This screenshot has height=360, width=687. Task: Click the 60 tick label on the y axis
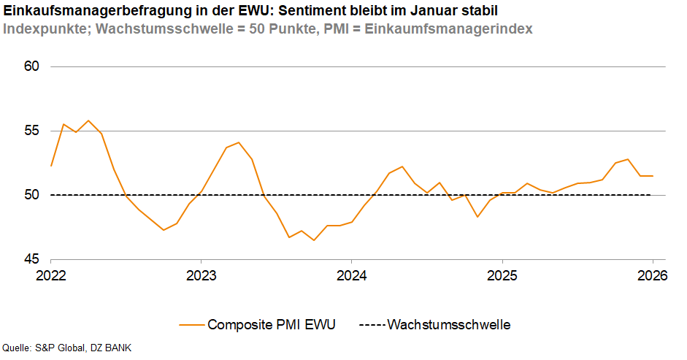31,66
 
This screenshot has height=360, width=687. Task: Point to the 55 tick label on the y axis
31,131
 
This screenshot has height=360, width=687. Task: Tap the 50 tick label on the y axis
31,195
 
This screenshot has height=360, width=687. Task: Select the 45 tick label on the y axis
31,259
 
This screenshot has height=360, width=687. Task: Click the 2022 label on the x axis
50,276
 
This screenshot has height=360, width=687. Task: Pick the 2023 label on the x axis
201,276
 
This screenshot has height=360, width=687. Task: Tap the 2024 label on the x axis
351,276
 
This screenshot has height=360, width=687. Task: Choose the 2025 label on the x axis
502,276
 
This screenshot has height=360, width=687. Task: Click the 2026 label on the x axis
652,276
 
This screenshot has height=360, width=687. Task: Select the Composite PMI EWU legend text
272,325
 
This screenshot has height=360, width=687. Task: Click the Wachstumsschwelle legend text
448,325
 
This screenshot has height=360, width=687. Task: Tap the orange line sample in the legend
191,325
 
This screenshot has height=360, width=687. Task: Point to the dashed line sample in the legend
370,325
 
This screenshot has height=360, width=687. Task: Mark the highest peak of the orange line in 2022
88,120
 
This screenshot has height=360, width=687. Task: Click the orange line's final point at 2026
652,176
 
